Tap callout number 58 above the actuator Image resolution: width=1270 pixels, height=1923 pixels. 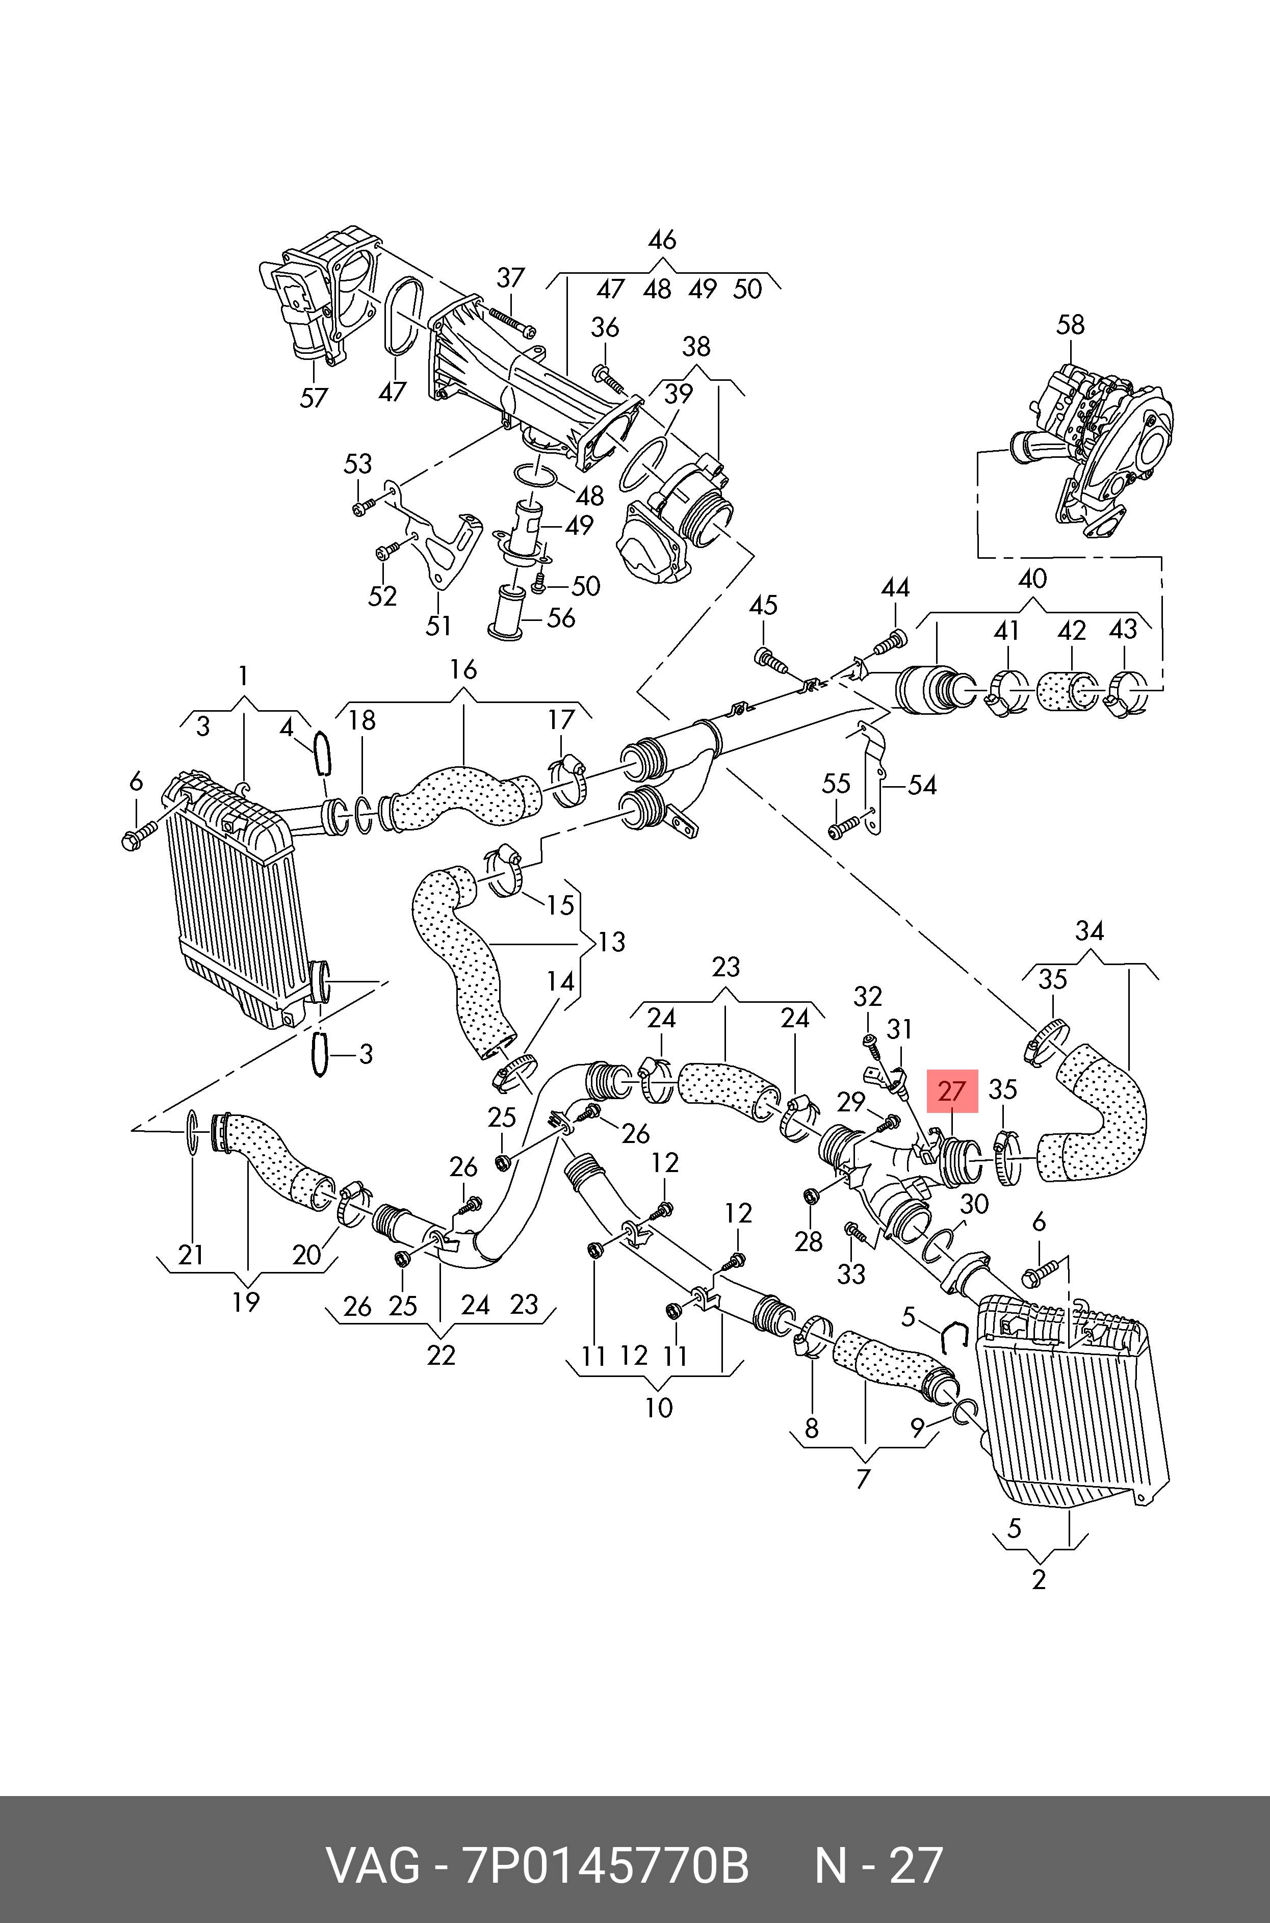click(x=1070, y=325)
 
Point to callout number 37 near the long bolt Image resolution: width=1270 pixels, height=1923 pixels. click(x=510, y=278)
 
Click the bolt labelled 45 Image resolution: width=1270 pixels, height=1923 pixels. click(x=771, y=659)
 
